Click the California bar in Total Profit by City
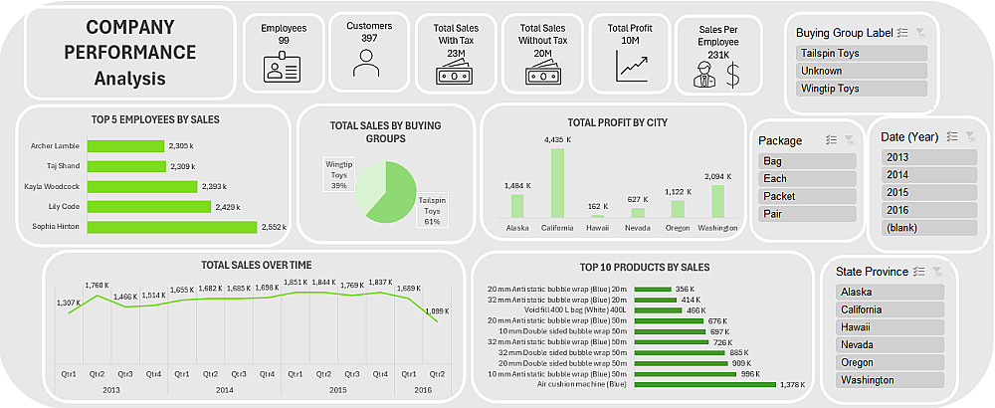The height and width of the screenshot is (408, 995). (557, 182)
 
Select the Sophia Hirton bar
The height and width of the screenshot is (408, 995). (171, 228)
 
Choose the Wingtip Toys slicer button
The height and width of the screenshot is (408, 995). (862, 89)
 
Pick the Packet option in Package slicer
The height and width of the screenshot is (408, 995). (807, 196)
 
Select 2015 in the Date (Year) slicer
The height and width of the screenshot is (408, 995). (928, 192)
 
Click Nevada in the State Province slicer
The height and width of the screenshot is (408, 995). (890, 344)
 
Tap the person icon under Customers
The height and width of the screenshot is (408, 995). (367, 63)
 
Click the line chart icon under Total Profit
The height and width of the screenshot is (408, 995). (632, 66)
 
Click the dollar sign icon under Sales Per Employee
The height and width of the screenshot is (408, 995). (733, 74)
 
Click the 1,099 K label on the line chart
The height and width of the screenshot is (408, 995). (438, 311)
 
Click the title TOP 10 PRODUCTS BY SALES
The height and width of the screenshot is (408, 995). (644, 267)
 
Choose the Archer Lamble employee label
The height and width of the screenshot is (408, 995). (55, 145)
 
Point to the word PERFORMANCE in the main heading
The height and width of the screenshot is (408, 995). (125, 52)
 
